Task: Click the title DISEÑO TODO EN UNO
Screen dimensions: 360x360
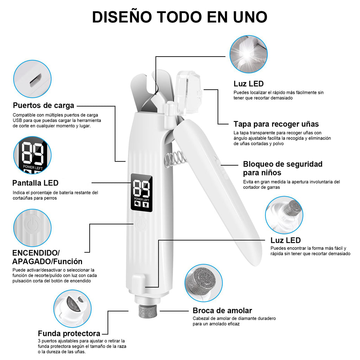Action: click(180, 17)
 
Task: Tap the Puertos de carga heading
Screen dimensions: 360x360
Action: click(44, 105)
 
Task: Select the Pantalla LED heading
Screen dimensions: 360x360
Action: click(35, 183)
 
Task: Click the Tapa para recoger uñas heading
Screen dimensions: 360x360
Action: click(276, 124)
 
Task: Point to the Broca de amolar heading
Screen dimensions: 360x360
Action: click(222, 310)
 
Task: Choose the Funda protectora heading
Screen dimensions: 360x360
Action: click(69, 333)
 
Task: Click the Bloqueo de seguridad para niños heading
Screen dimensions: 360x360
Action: click(283, 168)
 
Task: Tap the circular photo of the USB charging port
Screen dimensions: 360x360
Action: click(32, 79)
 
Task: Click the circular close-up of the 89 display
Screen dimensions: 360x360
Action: click(32, 155)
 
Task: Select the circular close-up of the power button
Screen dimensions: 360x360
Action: click(32, 228)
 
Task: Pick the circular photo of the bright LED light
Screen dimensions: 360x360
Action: click(248, 54)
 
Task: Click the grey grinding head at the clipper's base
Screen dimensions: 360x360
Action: click(147, 313)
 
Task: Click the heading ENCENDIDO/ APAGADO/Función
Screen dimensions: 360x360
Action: click(47, 257)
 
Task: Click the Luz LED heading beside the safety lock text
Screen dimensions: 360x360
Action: click(285, 240)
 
